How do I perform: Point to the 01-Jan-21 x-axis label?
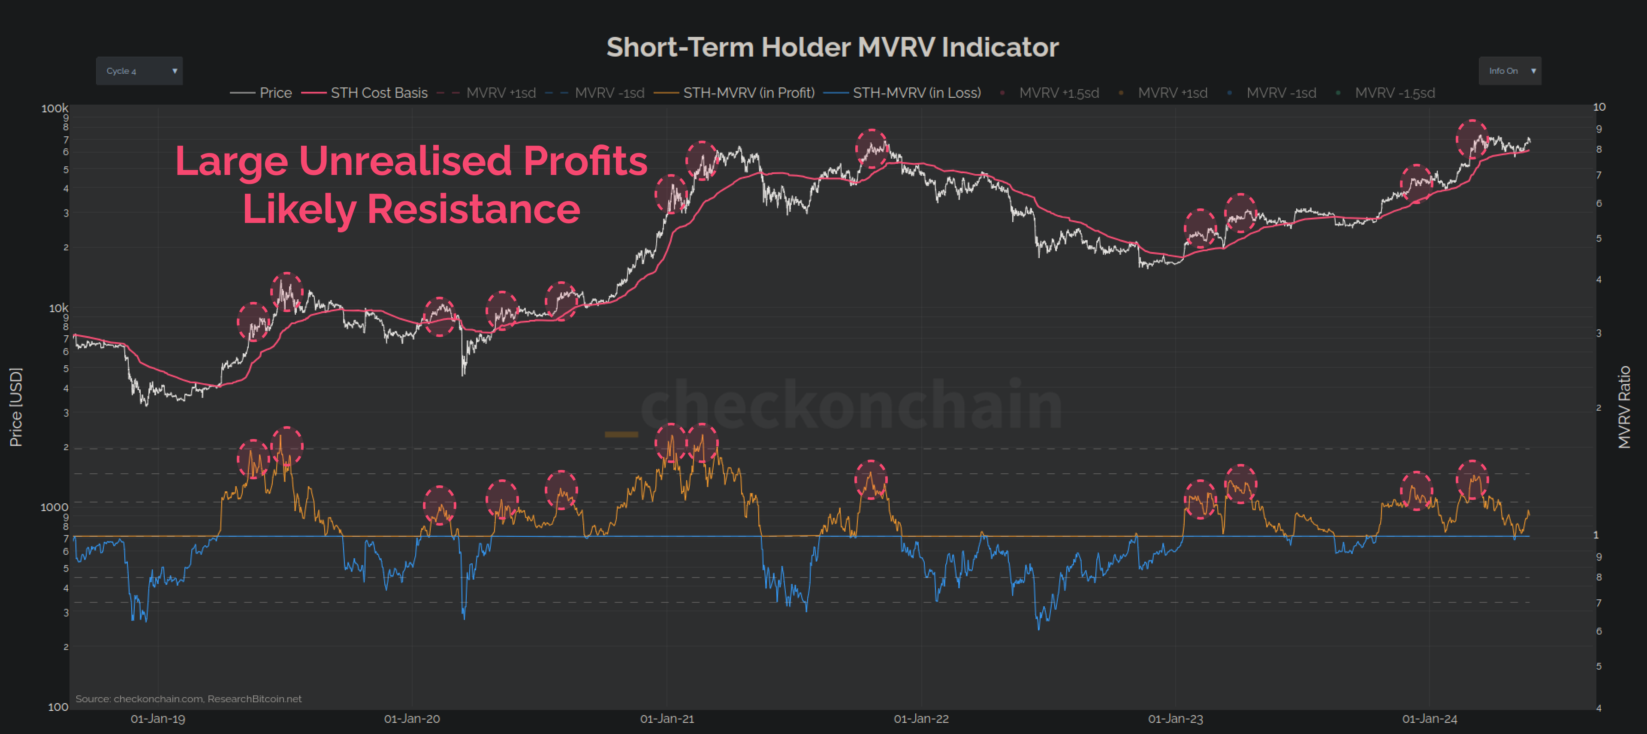point(667,719)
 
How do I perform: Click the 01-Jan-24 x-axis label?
point(1430,719)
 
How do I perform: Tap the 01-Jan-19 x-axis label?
point(158,719)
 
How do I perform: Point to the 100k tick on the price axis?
point(54,108)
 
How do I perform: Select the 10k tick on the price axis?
point(58,308)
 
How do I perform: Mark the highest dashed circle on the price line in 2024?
point(1472,138)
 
